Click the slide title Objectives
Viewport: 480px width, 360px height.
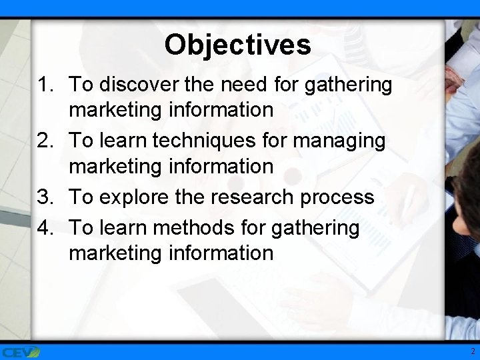pos(237,45)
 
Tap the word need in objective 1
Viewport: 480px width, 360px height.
pos(253,85)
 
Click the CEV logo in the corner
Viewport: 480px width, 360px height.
pos(20,351)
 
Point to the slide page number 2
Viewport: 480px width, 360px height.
pos(471,351)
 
